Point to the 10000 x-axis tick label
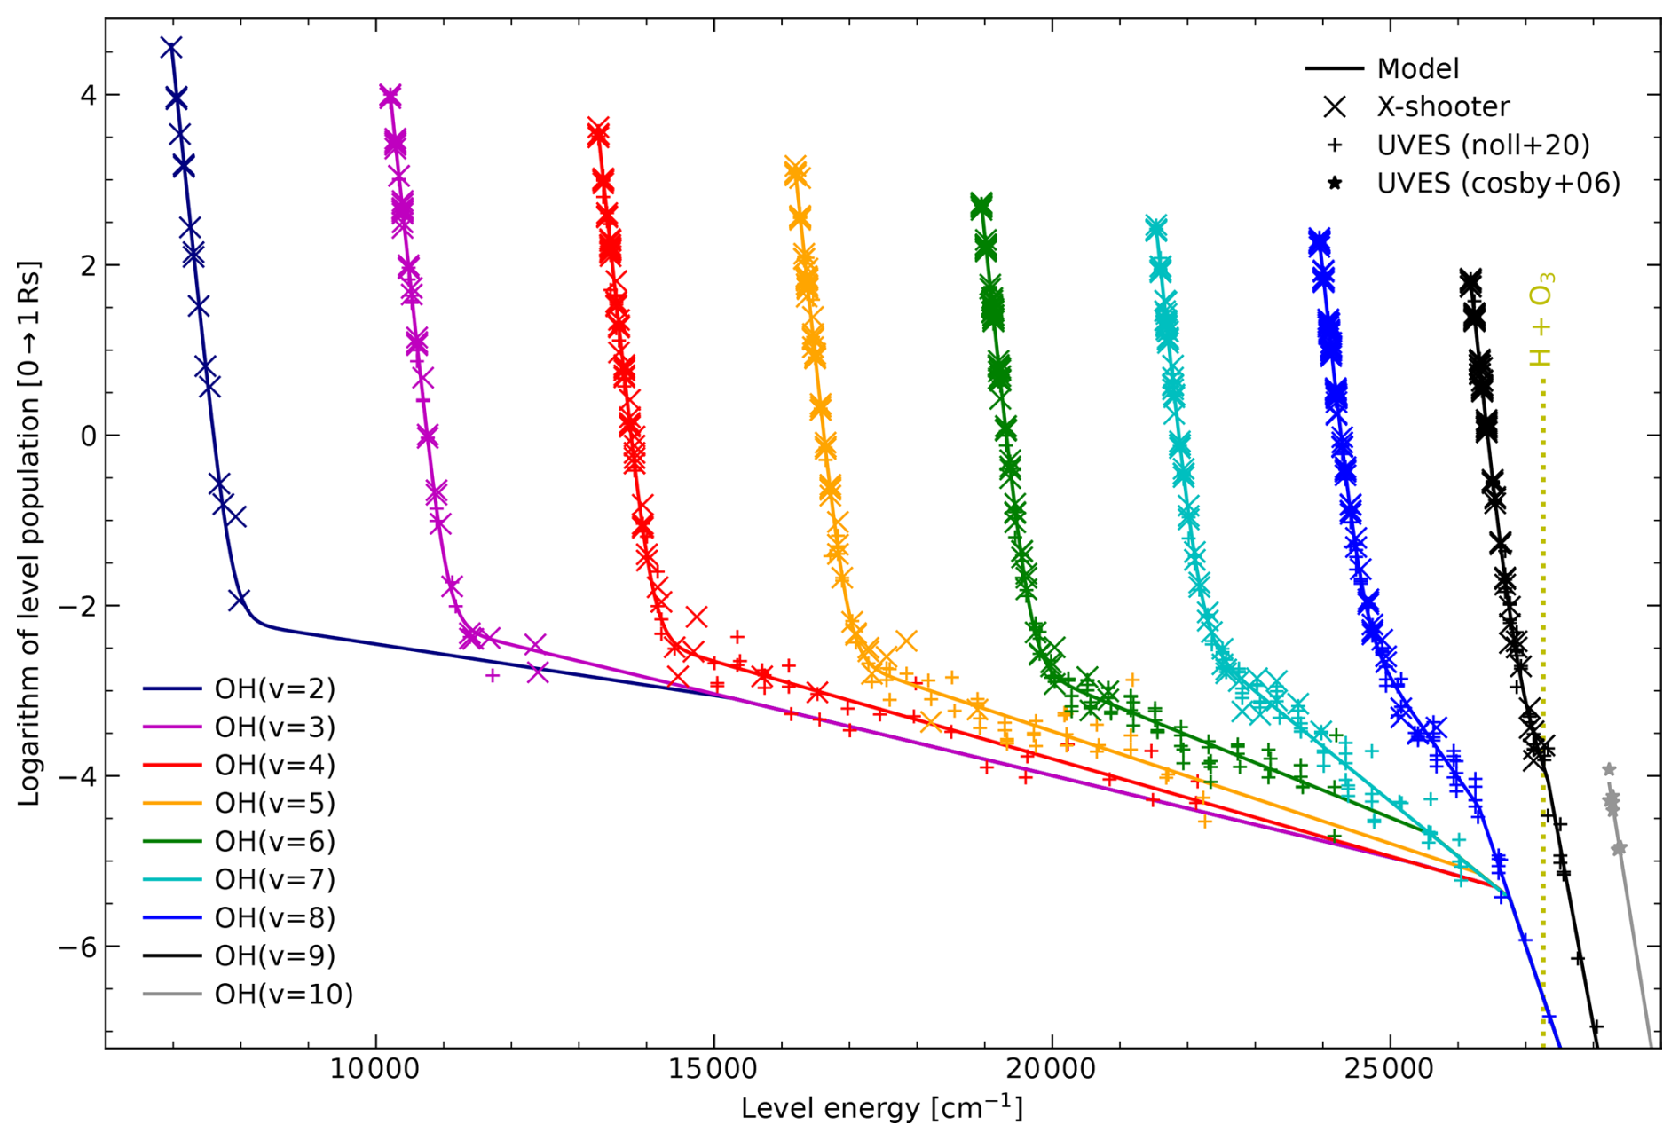375,1070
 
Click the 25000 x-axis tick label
1389,1070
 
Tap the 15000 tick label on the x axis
713,1070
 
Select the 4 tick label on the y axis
88,95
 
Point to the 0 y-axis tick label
88,436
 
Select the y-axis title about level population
29,532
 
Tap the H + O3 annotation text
1541,319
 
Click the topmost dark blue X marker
171,48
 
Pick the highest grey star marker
1608,769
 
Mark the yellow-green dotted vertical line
1543,621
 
